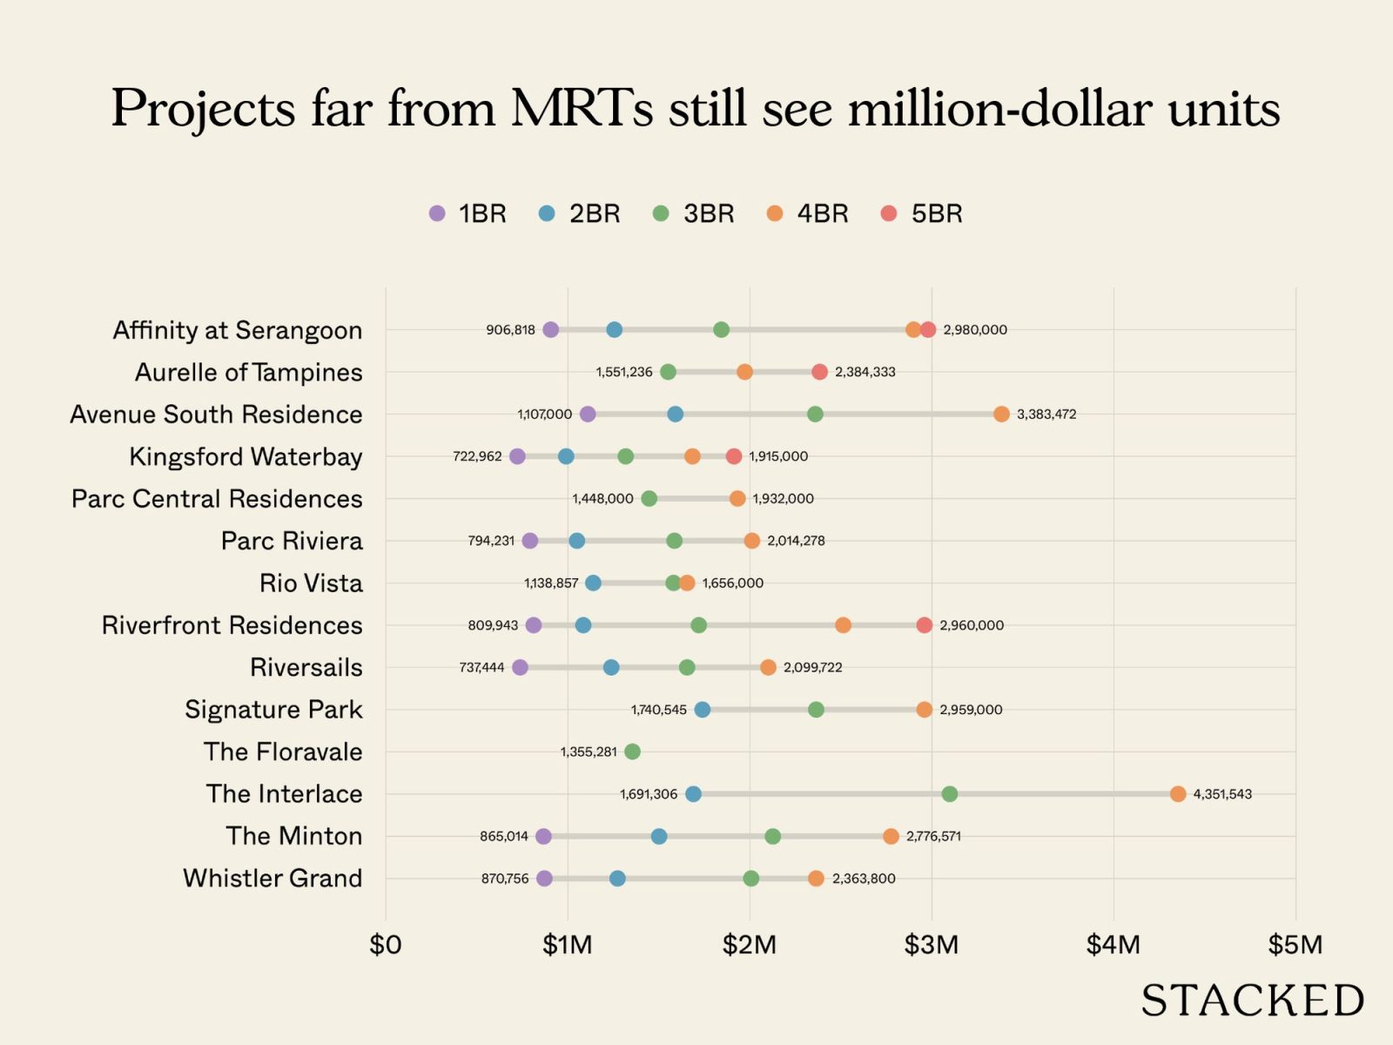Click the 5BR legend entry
922,213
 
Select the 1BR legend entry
468,213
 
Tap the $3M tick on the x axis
932,945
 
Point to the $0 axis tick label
386,945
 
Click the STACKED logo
1253,1001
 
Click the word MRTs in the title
582,109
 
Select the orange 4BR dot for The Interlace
1178,794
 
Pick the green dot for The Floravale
632,752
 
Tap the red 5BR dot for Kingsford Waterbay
734,456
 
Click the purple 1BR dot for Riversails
520,667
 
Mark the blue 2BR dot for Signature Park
703,710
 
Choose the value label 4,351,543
1222,794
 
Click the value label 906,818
510,330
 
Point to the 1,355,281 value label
589,752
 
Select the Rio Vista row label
311,583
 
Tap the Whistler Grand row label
273,878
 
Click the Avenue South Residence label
216,414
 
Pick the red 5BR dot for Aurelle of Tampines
819,372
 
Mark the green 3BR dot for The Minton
772,836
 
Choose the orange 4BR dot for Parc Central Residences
737,498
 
